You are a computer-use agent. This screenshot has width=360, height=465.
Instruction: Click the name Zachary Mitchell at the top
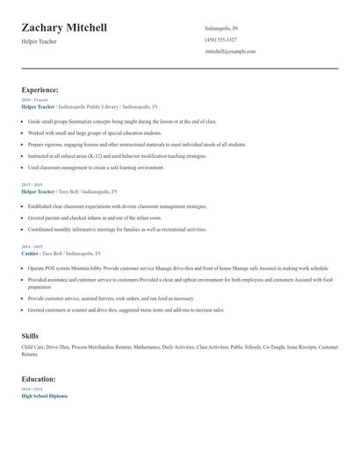click(64, 28)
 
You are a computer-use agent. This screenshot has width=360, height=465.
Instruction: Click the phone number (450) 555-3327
click(221, 39)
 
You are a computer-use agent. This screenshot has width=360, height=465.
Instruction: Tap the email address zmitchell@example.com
click(230, 51)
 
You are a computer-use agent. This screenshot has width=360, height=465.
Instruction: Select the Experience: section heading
click(40, 89)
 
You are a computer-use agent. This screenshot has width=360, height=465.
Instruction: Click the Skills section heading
click(30, 336)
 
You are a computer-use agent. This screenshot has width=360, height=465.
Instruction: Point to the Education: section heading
click(39, 378)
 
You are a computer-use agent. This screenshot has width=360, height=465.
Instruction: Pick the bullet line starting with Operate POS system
click(176, 268)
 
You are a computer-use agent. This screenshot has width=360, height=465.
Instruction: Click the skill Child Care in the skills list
click(33, 347)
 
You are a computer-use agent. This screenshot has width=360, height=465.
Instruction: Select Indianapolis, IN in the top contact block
click(220, 28)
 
